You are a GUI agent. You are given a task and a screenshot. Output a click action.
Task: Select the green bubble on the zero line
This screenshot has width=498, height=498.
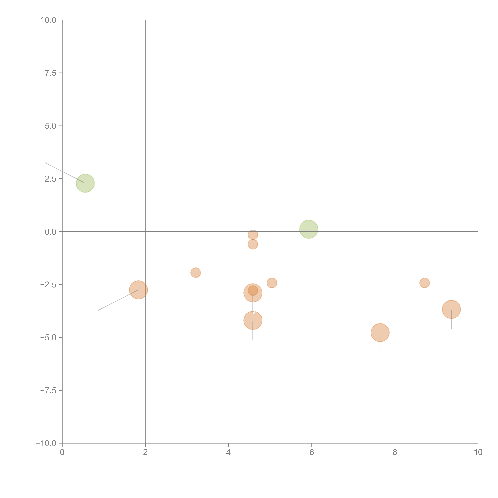[x=309, y=229]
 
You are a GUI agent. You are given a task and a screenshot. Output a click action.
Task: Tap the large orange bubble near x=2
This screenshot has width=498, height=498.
[x=138, y=290]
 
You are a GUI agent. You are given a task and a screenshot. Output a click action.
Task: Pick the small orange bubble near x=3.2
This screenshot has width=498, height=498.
[x=196, y=273]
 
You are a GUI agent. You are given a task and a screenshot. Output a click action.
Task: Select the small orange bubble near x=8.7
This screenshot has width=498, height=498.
[x=424, y=283]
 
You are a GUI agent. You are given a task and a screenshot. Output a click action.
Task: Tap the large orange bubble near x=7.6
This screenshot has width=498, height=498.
[x=380, y=333]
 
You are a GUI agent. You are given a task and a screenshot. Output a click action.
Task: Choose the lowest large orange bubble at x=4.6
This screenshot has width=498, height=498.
[x=253, y=320]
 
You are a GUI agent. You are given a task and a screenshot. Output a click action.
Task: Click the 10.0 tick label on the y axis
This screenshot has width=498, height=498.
[x=49, y=20]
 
